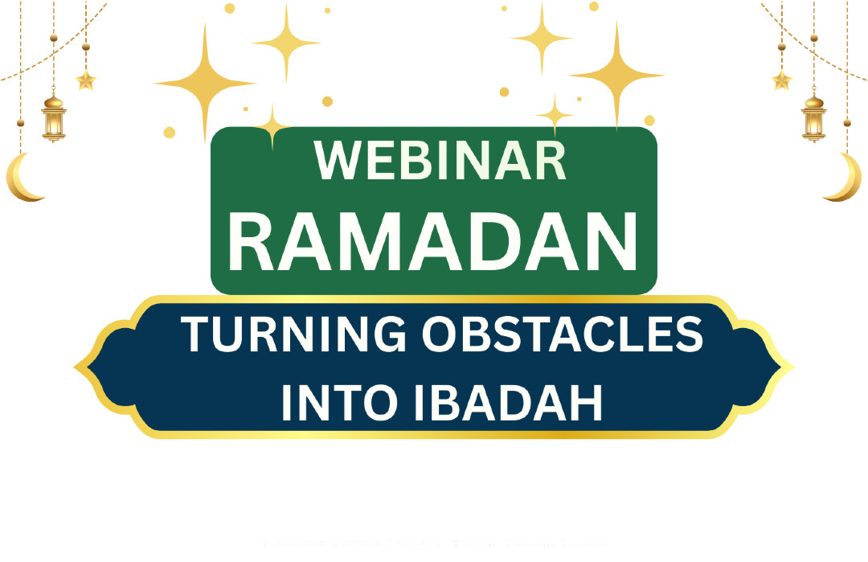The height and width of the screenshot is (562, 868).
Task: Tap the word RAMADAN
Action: tap(433, 240)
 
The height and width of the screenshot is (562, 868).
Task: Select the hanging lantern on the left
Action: tap(54, 117)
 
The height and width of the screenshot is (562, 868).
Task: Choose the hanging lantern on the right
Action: tap(814, 117)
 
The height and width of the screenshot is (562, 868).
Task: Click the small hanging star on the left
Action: tap(85, 80)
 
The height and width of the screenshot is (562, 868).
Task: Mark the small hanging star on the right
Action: tap(781, 80)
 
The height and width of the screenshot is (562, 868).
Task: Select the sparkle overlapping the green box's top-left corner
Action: tap(273, 126)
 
